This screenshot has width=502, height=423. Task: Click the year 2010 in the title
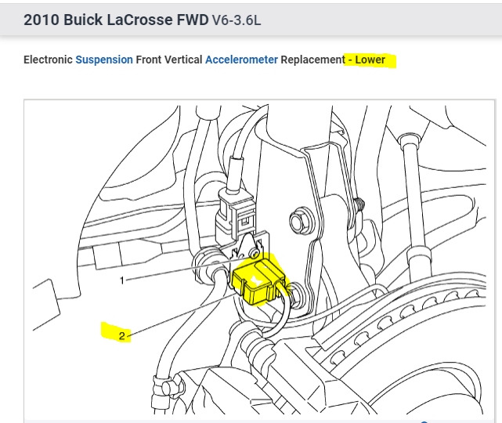42,20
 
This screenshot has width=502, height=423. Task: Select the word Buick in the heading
83,20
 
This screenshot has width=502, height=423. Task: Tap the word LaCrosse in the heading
139,20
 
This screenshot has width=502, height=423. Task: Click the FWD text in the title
193,20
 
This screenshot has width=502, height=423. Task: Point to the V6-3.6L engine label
237,20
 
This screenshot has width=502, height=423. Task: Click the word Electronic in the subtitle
48,60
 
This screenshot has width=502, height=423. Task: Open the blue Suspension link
104,60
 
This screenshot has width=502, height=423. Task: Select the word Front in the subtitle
149,60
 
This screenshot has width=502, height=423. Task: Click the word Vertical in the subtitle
183,60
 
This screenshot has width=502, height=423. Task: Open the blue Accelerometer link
241,60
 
